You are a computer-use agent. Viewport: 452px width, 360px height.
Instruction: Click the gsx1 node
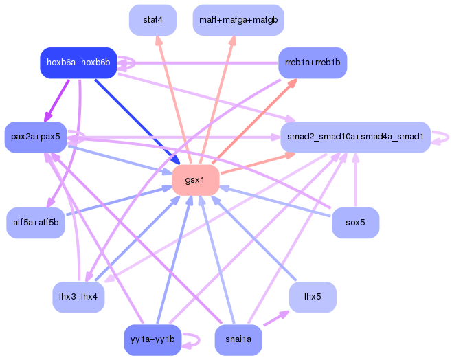tap(196, 180)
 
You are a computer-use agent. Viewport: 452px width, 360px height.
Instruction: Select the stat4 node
tap(152, 20)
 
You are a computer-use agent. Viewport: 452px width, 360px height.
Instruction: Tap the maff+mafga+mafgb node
tap(238, 20)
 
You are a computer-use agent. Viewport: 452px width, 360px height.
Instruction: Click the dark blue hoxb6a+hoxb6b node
tap(78, 63)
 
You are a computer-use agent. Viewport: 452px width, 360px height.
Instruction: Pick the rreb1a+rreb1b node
tap(313, 63)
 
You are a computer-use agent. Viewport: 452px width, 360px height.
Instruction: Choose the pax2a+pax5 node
tap(36, 137)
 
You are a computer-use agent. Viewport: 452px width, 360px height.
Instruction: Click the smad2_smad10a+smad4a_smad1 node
tap(355, 137)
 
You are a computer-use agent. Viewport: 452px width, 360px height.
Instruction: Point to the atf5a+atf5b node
tap(36, 223)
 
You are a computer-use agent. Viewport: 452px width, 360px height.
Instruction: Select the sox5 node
tap(355, 223)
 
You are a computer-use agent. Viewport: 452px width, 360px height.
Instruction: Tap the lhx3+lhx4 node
tap(78, 297)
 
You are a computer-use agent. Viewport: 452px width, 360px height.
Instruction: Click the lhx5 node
tap(313, 297)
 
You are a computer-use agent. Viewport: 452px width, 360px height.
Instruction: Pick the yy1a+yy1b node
tap(152, 340)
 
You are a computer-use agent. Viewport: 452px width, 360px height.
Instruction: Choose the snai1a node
tap(238, 340)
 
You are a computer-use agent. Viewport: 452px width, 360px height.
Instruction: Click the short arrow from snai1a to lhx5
tap(276, 318)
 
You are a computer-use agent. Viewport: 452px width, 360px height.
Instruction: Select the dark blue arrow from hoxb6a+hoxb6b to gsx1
tap(137, 122)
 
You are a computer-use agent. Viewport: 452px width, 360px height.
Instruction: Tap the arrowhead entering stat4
tap(158, 40)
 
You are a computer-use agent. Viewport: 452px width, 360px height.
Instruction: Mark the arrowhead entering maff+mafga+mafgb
tap(233, 40)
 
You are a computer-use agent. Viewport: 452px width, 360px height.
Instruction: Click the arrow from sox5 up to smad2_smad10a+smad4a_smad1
tap(356, 179)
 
